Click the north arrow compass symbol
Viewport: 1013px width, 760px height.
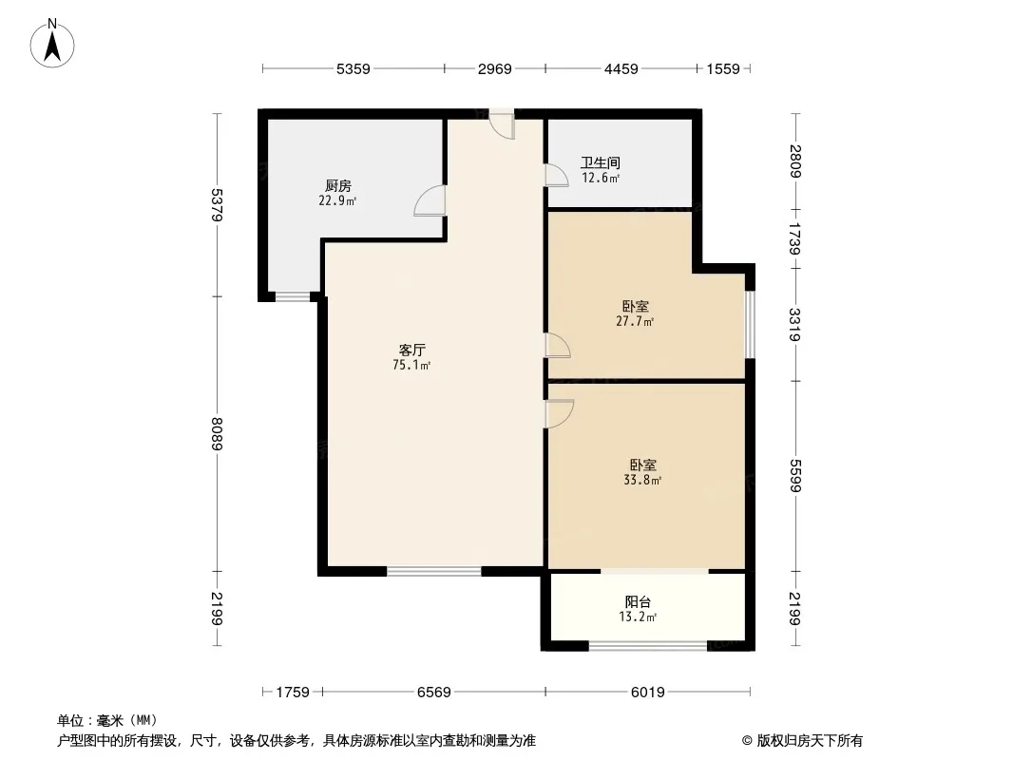[x=52, y=44]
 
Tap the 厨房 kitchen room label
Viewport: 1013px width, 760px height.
[x=338, y=186]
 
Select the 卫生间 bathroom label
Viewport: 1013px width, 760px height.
[x=601, y=162]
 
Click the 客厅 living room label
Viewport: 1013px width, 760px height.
[x=411, y=350]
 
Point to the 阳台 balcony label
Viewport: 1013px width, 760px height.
[x=638, y=601]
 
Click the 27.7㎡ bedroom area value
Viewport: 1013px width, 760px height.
[x=635, y=321]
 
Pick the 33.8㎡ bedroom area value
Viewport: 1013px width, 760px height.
[x=642, y=480]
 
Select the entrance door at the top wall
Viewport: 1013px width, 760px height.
[x=502, y=123]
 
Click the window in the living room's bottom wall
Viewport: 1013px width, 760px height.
[x=434, y=571]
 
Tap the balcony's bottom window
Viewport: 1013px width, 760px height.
[x=648, y=645]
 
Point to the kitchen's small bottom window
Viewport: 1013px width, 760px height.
[x=293, y=297]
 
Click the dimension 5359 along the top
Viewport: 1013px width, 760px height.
[x=354, y=68]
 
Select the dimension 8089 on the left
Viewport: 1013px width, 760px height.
[x=217, y=434]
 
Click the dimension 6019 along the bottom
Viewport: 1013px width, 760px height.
[x=647, y=693]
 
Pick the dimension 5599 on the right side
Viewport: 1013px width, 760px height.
[x=795, y=476]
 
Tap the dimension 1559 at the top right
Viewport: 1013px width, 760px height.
[x=723, y=68]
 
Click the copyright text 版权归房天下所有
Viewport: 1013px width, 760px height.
[x=810, y=741]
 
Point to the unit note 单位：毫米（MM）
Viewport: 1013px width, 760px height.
[x=107, y=720]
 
